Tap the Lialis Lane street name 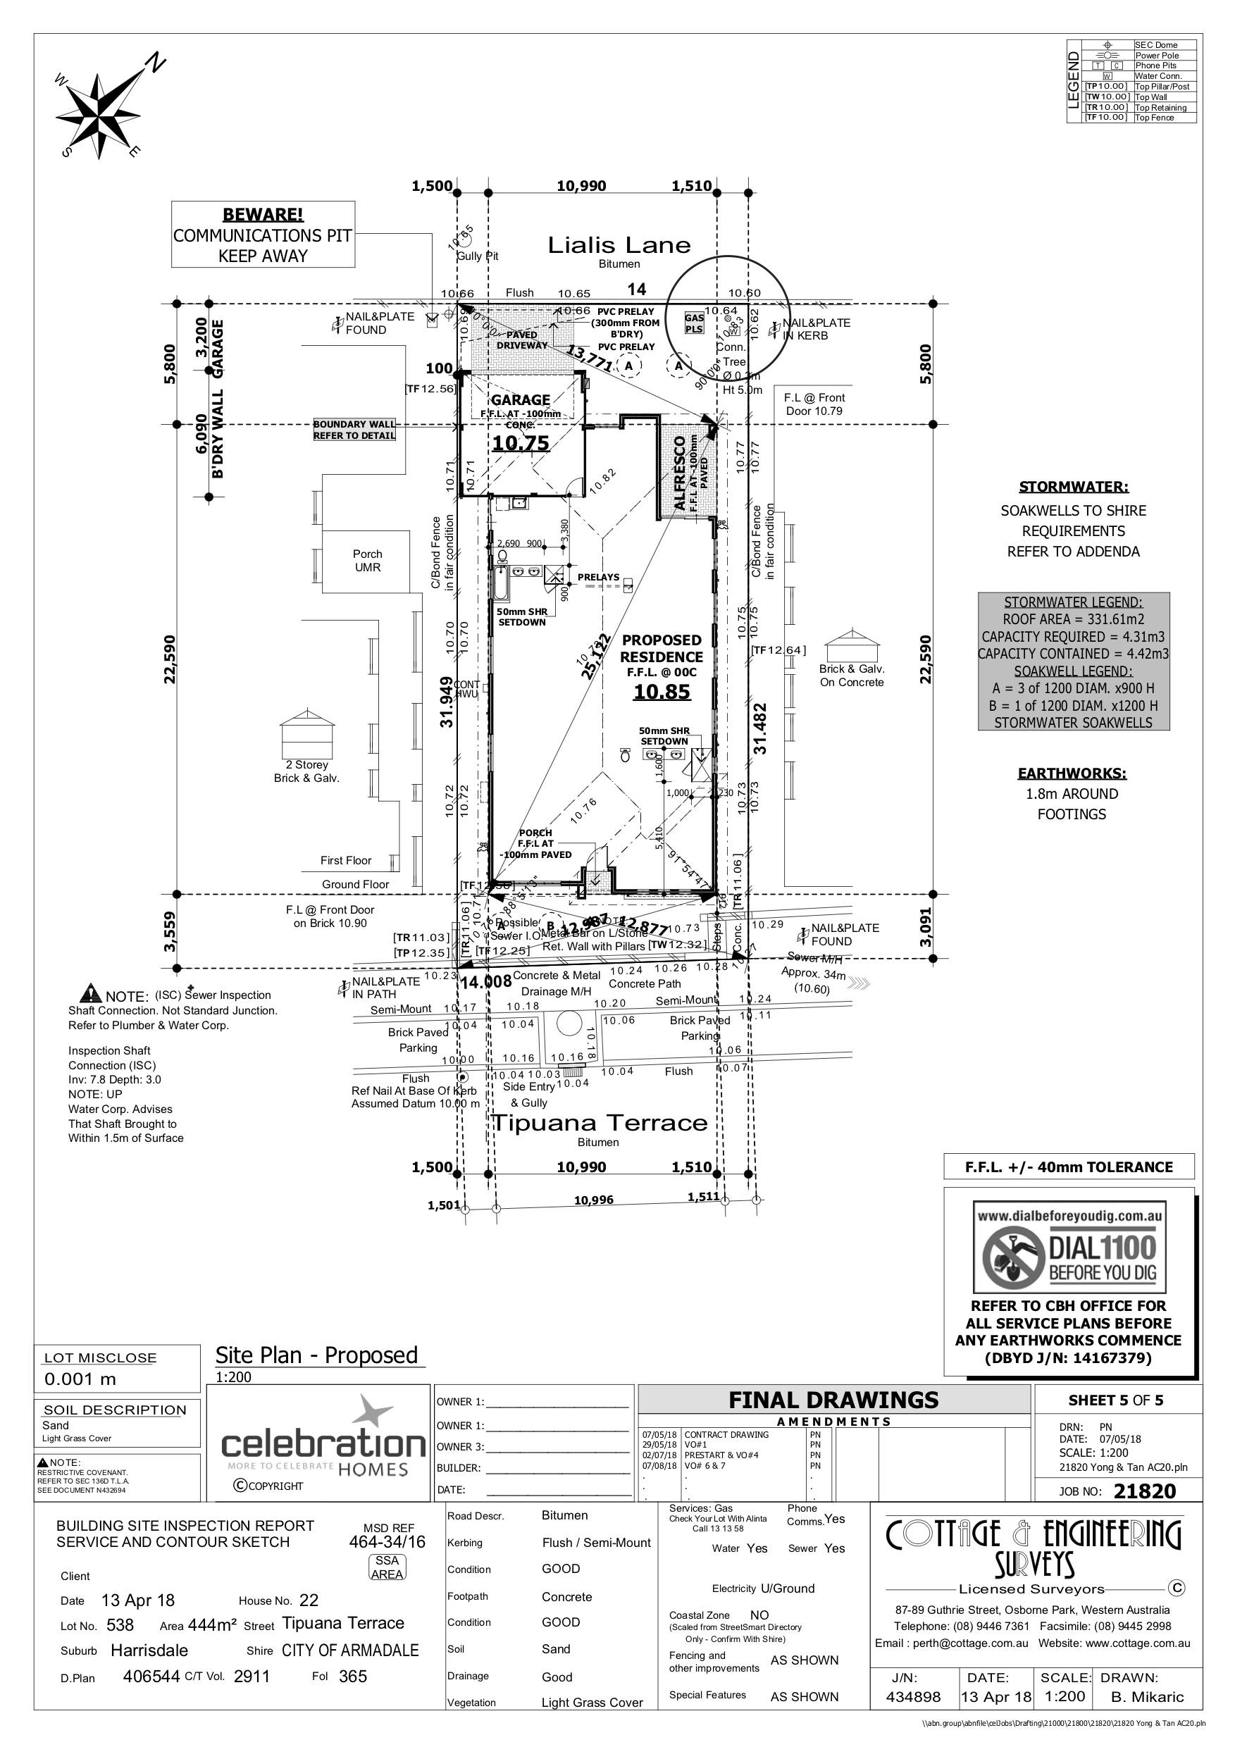coord(619,245)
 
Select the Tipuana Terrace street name coord(599,1123)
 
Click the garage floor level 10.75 coord(521,444)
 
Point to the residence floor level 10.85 coord(662,692)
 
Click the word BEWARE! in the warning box coord(263,216)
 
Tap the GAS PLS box coord(694,323)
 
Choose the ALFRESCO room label coord(681,473)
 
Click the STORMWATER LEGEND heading coord(1073,602)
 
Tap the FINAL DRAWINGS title coord(833,1400)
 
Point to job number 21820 coord(1143,1491)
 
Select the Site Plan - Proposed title coord(316,1355)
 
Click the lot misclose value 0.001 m coord(80,1379)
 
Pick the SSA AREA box coord(387,1567)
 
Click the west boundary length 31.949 coord(447,702)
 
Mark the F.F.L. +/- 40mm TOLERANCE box coord(1068,1167)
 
